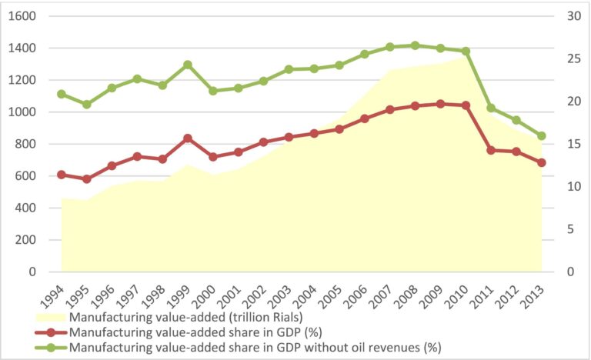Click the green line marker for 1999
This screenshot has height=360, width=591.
pyautogui.click(x=188, y=65)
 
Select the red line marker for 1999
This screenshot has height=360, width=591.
pyautogui.click(x=188, y=138)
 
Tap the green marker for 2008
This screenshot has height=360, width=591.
pyautogui.click(x=416, y=45)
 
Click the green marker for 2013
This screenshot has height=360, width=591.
pyautogui.click(x=542, y=136)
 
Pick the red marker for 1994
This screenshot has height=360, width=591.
pyautogui.click(x=62, y=175)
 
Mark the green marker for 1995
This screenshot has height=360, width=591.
pyautogui.click(x=87, y=104)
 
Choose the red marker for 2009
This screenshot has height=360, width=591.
pyautogui.click(x=440, y=103)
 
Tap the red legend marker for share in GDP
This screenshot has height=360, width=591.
pyautogui.click(x=49, y=332)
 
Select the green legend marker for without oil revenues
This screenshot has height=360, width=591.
pyautogui.click(x=49, y=347)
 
